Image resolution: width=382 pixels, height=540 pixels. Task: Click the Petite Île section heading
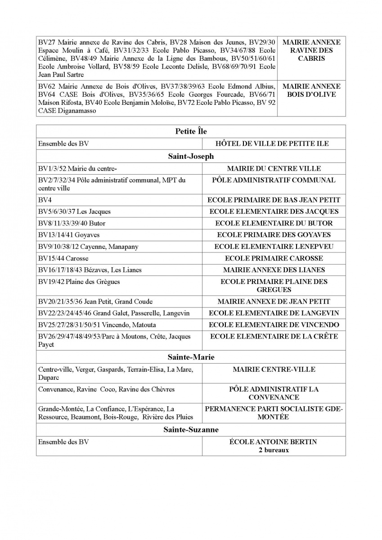click(x=191, y=131)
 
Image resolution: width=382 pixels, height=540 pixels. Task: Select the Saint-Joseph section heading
click(x=191, y=157)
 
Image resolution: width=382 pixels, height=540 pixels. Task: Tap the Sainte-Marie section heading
click(x=191, y=357)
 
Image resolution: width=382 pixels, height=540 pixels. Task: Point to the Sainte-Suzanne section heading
click(x=191, y=430)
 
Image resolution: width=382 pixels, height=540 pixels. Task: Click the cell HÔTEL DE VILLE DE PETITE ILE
click(x=274, y=144)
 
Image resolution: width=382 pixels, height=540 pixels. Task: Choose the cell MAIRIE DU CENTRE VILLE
click(x=274, y=169)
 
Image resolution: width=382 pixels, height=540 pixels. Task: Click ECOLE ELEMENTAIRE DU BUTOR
click(x=274, y=223)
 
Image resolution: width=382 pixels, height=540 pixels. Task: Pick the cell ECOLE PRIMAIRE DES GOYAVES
click(x=274, y=235)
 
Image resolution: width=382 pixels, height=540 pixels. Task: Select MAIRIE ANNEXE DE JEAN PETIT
click(x=274, y=301)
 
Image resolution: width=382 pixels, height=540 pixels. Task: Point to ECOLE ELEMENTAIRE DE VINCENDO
click(x=274, y=325)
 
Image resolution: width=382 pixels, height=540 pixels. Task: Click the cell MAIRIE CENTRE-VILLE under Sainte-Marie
click(x=274, y=369)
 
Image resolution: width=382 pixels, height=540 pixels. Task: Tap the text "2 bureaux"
click(x=274, y=450)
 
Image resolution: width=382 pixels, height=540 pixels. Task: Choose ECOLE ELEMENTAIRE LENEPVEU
click(x=274, y=247)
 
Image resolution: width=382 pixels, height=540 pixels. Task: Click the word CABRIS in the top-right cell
click(x=311, y=58)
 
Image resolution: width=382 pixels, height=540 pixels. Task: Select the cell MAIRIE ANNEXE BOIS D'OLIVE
click(x=311, y=90)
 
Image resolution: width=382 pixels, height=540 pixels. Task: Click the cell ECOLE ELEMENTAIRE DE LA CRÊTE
click(x=274, y=337)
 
